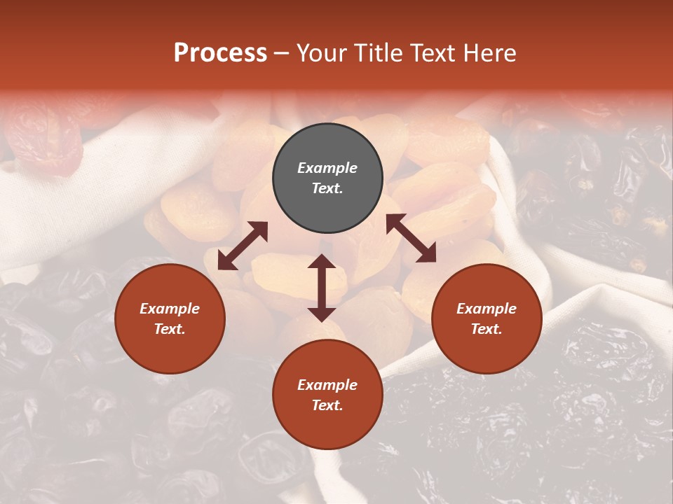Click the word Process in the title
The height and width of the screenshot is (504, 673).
(220, 52)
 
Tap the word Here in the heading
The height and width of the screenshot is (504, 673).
(490, 52)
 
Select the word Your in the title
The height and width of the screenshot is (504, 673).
(324, 52)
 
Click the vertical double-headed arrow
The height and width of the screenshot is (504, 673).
(321, 288)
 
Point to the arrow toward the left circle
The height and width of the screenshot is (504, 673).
(243, 246)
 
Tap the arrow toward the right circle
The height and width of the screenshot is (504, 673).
(411, 238)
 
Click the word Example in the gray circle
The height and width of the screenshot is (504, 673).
(327, 168)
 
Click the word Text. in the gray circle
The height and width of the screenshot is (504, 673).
(327, 188)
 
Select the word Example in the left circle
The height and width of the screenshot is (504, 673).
(170, 309)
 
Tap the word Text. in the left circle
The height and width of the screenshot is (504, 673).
(170, 329)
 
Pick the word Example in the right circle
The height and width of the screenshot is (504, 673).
(487, 309)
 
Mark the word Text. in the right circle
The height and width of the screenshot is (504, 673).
(487, 329)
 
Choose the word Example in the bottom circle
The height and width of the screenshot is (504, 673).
(327, 385)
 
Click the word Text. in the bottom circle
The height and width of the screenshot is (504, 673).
(327, 405)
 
